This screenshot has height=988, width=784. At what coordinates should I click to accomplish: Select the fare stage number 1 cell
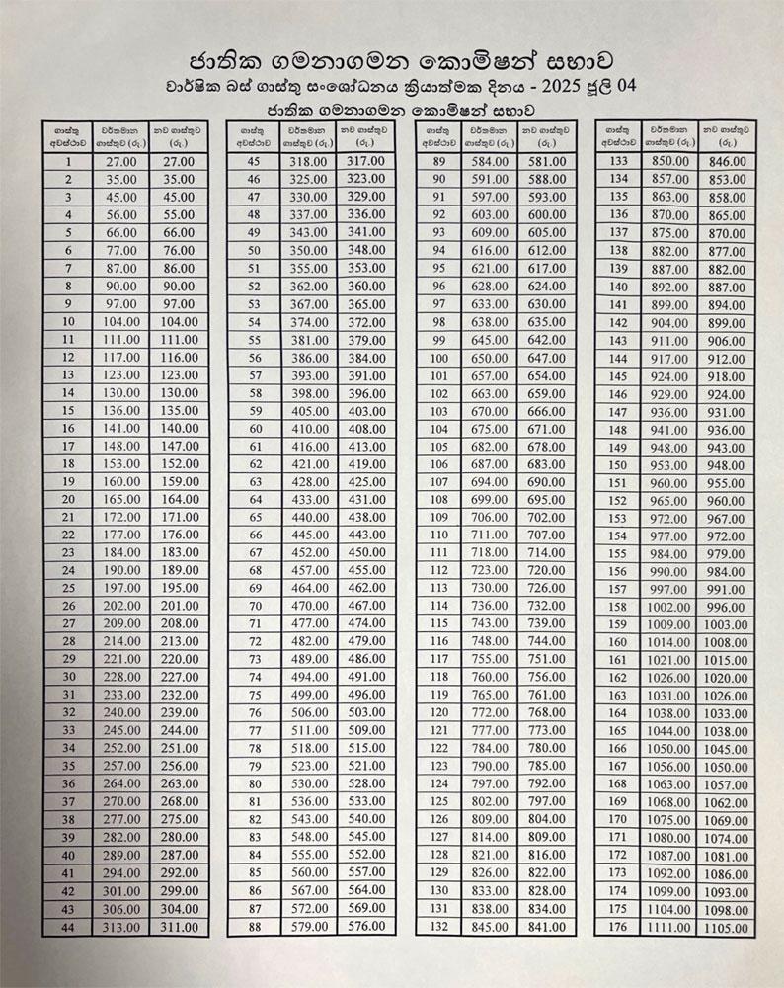[68, 161]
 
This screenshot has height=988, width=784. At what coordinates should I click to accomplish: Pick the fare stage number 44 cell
[68, 927]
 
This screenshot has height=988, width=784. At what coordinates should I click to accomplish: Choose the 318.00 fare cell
[308, 161]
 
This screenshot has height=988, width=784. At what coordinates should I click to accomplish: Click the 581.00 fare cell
[546, 161]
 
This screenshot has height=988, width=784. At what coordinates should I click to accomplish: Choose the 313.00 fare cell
[121, 927]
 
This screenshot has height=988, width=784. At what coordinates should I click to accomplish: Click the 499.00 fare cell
[308, 696]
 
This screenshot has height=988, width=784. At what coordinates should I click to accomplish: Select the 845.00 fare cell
[490, 927]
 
